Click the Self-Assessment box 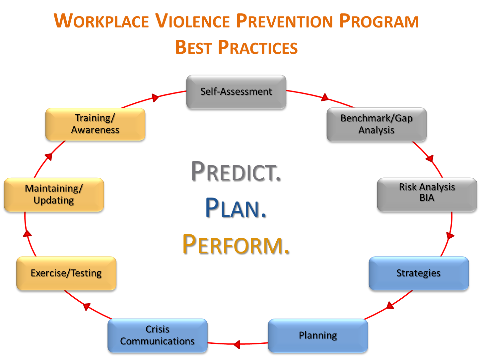pyautogui.click(x=236, y=92)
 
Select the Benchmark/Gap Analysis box pyautogui.click(x=377, y=124)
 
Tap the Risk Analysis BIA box pyautogui.click(x=427, y=195)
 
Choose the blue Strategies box pyautogui.click(x=419, y=273)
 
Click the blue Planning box pyautogui.click(x=318, y=335)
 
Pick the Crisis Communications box pyautogui.click(x=158, y=335)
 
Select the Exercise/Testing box pyautogui.click(x=66, y=273)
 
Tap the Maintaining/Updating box pyautogui.click(x=54, y=195)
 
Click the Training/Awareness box pyautogui.click(x=95, y=124)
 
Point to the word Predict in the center pyautogui.click(x=236, y=171)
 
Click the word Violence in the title pyautogui.click(x=192, y=21)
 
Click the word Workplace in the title pyautogui.click(x=101, y=21)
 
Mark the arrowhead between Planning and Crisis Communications pyautogui.click(x=237, y=344)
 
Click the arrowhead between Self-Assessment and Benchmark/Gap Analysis pyautogui.click(x=325, y=97)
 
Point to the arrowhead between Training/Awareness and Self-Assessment pyautogui.click(x=155, y=97)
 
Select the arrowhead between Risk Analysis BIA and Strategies pyautogui.click(x=450, y=236)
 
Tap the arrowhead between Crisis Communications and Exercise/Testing pyautogui.click(x=87, y=307)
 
